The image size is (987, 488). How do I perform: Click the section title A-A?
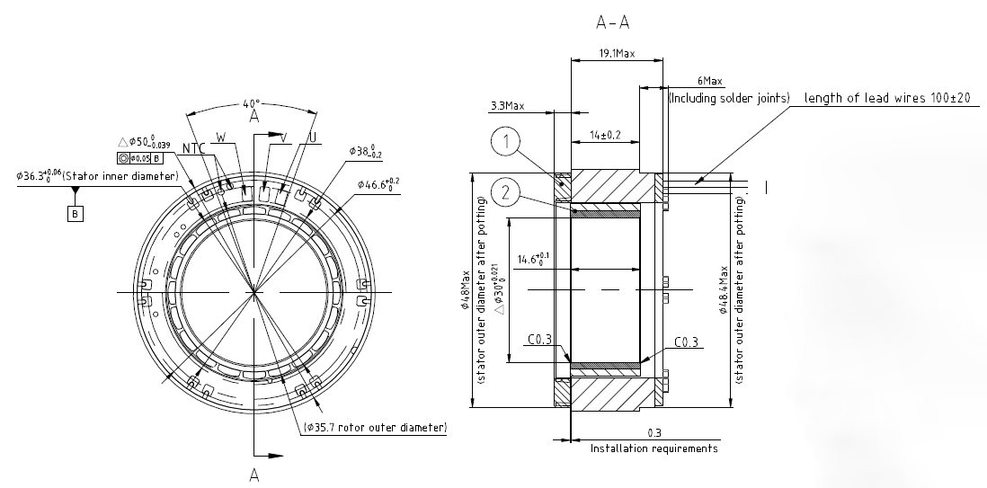pyautogui.click(x=612, y=22)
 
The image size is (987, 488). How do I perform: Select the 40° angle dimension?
pyautogui.click(x=251, y=103)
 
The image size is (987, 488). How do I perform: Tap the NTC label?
pyautogui.click(x=194, y=148)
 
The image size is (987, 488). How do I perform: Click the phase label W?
pyautogui.click(x=221, y=137)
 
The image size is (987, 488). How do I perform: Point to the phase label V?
pyautogui.click(x=284, y=138)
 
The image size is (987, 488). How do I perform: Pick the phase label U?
pyautogui.click(x=312, y=138)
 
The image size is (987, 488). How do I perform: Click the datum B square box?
pyautogui.click(x=75, y=214)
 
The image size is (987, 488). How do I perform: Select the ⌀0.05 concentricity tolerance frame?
pyautogui.click(x=140, y=158)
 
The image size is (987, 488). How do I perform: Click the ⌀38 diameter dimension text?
pyautogui.click(x=366, y=150)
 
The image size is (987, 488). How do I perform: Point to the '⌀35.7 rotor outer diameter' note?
pyautogui.click(x=375, y=428)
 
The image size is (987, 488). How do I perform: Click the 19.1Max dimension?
pyautogui.click(x=617, y=54)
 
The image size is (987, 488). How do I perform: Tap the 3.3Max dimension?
pyautogui.click(x=507, y=106)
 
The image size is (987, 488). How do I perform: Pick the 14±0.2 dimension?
pyautogui.click(x=606, y=135)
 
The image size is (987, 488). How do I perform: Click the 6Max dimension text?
pyautogui.click(x=710, y=81)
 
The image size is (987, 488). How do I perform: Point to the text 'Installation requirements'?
pyautogui.click(x=654, y=448)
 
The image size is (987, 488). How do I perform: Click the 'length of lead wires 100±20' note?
pyautogui.click(x=887, y=98)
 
